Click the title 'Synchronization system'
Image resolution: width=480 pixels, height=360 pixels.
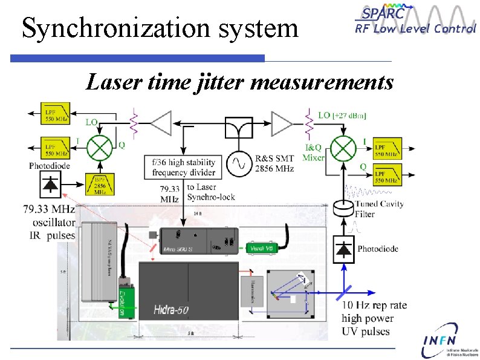[x=160, y=28]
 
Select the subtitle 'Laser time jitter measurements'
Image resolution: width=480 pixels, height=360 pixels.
[x=239, y=82]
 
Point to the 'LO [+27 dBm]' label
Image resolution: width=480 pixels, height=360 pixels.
[x=342, y=116]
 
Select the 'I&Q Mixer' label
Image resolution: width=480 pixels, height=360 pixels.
[x=315, y=153]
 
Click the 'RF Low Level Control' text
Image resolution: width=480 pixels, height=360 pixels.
[x=415, y=28]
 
